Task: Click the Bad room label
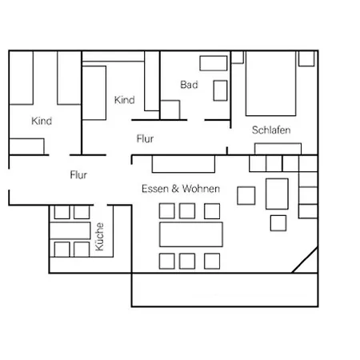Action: point(189,85)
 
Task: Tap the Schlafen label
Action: point(271,130)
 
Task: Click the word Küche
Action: point(99,237)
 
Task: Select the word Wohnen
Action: point(201,189)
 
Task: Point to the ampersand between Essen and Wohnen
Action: point(175,189)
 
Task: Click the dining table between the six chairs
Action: point(191,234)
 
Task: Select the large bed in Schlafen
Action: point(270,83)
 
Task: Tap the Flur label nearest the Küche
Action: point(78,175)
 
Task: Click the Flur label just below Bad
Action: point(145,138)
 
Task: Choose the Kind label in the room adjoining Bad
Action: point(125,100)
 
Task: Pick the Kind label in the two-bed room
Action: point(42,121)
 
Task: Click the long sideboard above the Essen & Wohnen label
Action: point(183,164)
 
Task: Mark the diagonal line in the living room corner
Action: point(305,260)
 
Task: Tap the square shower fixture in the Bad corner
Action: point(170,110)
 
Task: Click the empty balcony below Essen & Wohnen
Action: point(225,290)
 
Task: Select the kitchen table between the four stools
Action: point(70,230)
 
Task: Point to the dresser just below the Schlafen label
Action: point(278,149)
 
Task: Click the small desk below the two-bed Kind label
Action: point(26,146)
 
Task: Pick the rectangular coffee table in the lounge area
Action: point(277,194)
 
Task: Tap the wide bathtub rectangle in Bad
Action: point(214,63)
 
